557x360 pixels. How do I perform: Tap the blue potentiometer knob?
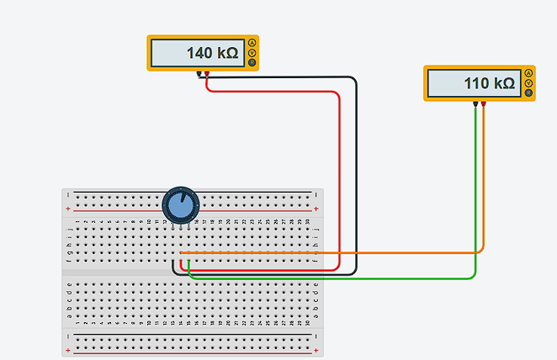(178, 205)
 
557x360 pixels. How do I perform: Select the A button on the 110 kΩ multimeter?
(528, 73)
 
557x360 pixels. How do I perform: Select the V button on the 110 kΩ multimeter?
(528, 83)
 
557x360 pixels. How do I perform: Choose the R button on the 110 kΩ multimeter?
(528, 93)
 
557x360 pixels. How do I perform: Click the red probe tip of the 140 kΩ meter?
(207, 75)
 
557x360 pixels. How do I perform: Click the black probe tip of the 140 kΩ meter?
(199, 75)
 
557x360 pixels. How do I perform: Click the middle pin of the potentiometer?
(178, 226)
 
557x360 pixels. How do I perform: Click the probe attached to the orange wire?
(484, 106)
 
